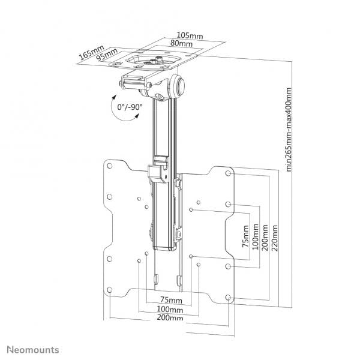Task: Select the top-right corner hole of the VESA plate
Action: pyautogui.click(x=230, y=173)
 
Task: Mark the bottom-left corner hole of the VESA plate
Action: pyautogui.click(x=110, y=291)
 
